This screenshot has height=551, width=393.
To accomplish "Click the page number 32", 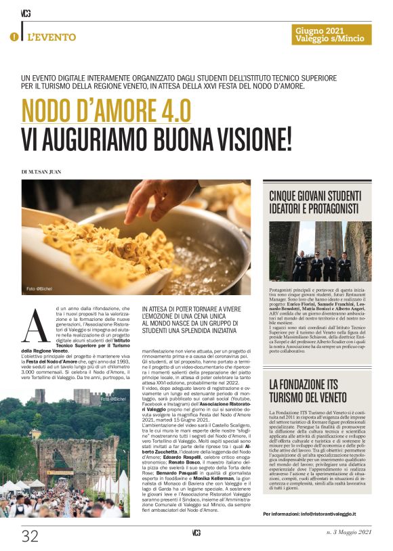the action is click(x=30, y=536).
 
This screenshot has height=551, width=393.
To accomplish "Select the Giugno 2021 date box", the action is click(x=333, y=35).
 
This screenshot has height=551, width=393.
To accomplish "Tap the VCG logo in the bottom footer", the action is click(x=196, y=533).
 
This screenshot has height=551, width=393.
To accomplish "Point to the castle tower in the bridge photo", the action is click(x=40, y=395).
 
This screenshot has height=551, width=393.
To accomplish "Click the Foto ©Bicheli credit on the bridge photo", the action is click(x=113, y=399).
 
